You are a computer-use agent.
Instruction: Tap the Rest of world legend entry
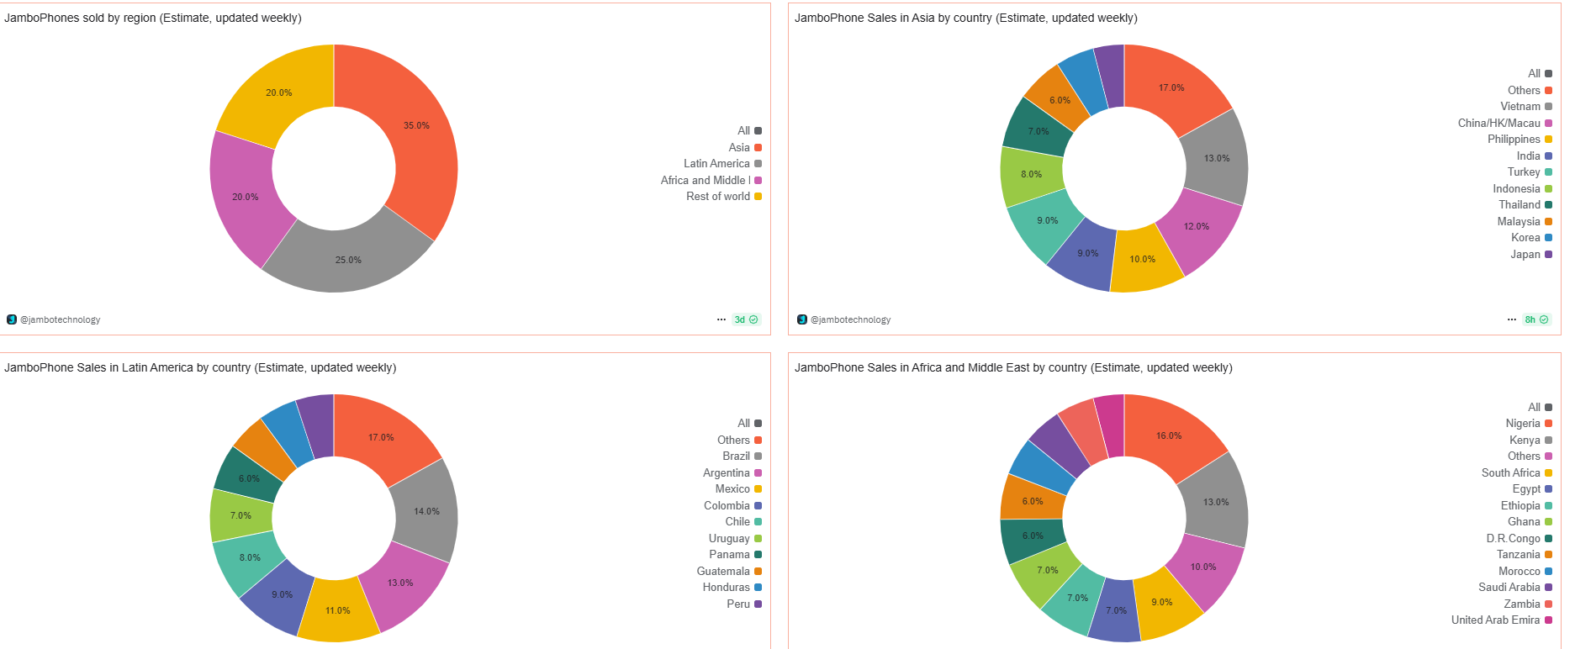tap(719, 197)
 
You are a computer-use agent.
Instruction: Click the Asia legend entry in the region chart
tap(740, 147)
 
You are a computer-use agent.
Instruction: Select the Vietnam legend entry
tap(1521, 107)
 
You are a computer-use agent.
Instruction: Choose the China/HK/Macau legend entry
tap(1499, 123)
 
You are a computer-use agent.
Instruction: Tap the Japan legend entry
tap(1526, 254)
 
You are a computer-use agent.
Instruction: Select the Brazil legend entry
tap(737, 456)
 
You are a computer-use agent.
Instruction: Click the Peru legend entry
tap(739, 604)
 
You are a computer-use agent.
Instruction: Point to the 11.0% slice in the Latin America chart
tap(338, 611)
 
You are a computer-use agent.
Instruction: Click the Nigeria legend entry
tap(1524, 424)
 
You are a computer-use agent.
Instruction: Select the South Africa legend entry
tap(1511, 473)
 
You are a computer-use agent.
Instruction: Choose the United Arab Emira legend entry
tap(1496, 620)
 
